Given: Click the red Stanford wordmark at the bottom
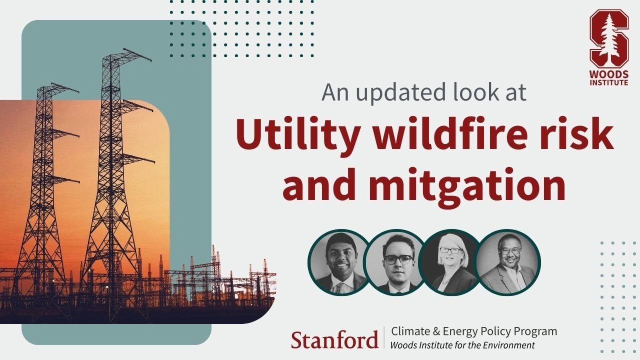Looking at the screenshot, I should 334,339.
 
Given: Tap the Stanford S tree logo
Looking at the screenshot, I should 608,39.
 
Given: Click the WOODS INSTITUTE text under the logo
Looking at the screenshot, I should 608,78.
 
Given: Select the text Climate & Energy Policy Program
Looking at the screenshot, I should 474,331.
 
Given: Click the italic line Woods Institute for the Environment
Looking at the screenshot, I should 462,345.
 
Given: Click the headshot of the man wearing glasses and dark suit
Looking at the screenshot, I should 398,262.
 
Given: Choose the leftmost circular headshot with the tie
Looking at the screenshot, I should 339,262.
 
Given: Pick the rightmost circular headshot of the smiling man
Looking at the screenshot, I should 508,262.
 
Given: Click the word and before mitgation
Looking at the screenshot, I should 320,184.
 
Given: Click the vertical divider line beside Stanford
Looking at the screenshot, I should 384,337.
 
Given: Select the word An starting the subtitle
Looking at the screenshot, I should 333,92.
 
